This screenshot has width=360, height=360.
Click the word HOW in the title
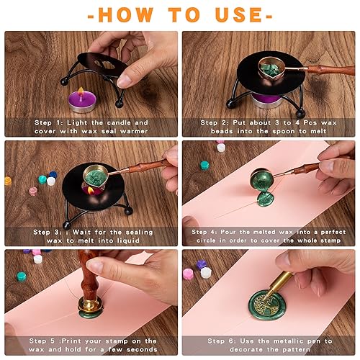(x=125, y=14)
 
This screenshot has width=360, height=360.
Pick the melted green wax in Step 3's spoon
(x=96, y=174)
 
